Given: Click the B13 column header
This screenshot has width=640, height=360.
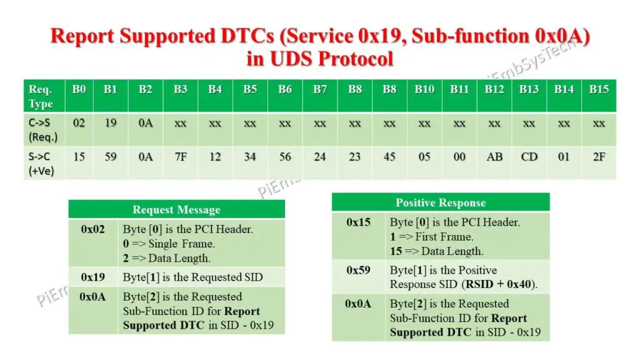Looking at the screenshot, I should tap(529, 89).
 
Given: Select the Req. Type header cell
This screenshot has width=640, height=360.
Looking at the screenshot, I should tap(41, 96).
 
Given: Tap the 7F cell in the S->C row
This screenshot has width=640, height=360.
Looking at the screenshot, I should tap(180, 157).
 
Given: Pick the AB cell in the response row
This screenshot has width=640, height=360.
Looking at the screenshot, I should tap(494, 157).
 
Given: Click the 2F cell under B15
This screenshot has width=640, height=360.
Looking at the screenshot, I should tap(599, 157).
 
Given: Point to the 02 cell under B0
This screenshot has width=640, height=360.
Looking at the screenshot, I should tap(79, 123).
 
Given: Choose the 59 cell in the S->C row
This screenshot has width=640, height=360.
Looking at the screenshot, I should tap(111, 157).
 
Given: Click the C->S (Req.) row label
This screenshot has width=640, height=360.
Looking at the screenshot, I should tap(43, 129).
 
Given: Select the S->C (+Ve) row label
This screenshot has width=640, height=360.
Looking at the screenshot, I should tap(42, 163).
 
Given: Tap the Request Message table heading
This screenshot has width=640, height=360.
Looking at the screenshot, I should tap(176, 209).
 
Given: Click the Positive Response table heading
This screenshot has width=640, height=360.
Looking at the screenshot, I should tap(440, 202).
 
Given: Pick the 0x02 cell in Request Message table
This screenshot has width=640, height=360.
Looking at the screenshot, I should tap(92, 229).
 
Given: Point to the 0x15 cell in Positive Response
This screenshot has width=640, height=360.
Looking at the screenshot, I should tap(358, 222).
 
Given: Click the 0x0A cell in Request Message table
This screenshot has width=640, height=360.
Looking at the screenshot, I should tap(92, 297).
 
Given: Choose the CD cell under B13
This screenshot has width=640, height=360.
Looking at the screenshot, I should tap(529, 157).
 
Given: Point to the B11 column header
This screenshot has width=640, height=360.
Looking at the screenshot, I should tap(459, 89).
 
